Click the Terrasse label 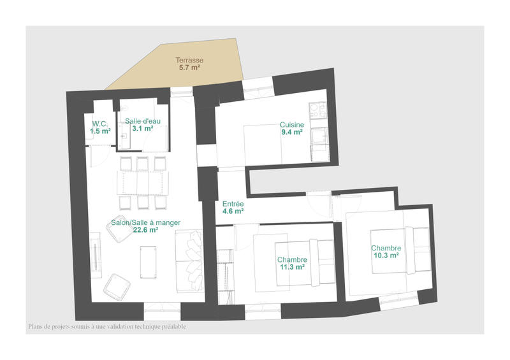pyautogui.click(x=190, y=61)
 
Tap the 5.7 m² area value pyautogui.click(x=190, y=68)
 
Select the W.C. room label pyautogui.click(x=100, y=124)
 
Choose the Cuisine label pyautogui.click(x=292, y=125)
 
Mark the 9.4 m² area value pyautogui.click(x=292, y=133)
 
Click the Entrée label pyautogui.click(x=233, y=203)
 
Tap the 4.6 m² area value pyautogui.click(x=233, y=211)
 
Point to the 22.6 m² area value pyautogui.click(x=145, y=230)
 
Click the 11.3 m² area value pyautogui.click(x=292, y=268)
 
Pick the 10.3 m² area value pyautogui.click(x=386, y=256)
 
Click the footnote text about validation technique pyautogui.click(x=107, y=327)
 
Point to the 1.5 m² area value pyautogui.click(x=100, y=131)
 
